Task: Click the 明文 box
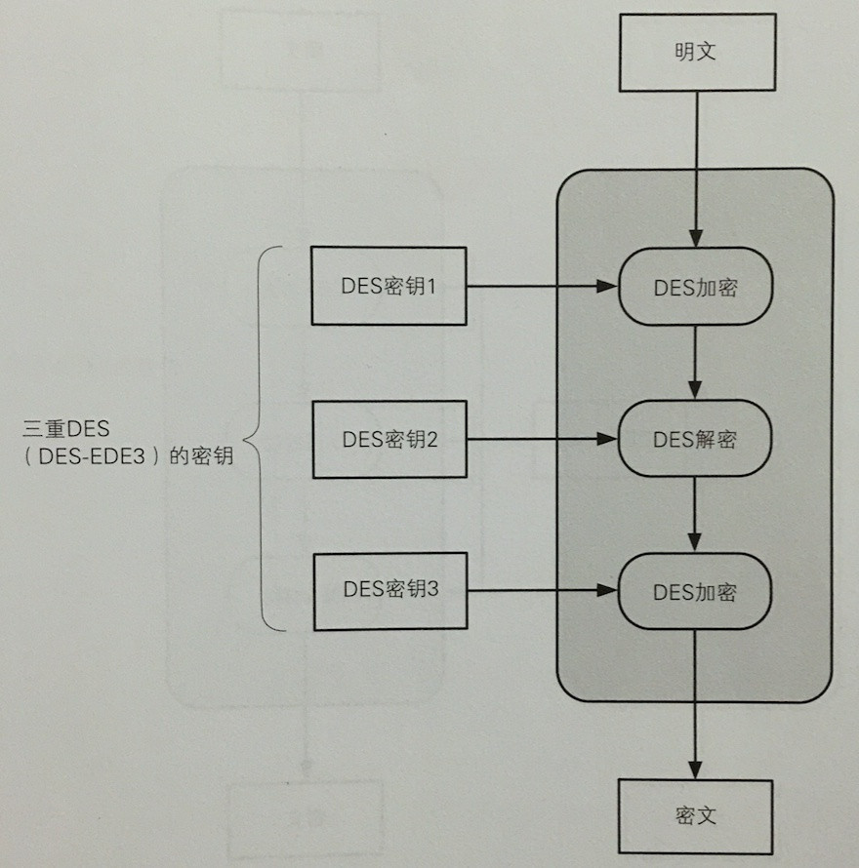[x=695, y=52]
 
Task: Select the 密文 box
[x=695, y=815]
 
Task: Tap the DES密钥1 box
[x=389, y=286]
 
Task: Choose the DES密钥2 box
[x=389, y=439]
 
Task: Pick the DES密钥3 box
[x=389, y=590]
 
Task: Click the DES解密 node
[x=695, y=439]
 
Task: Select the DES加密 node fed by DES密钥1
[x=695, y=287]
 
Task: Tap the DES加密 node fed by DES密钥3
[x=695, y=591]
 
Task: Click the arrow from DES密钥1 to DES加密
[x=542, y=287]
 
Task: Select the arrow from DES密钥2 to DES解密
[x=542, y=439]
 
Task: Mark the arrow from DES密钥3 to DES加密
[x=542, y=590]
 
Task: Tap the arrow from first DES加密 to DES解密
[x=695, y=362]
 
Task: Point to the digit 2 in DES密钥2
[x=431, y=439]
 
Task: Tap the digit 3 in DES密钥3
[x=433, y=590]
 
